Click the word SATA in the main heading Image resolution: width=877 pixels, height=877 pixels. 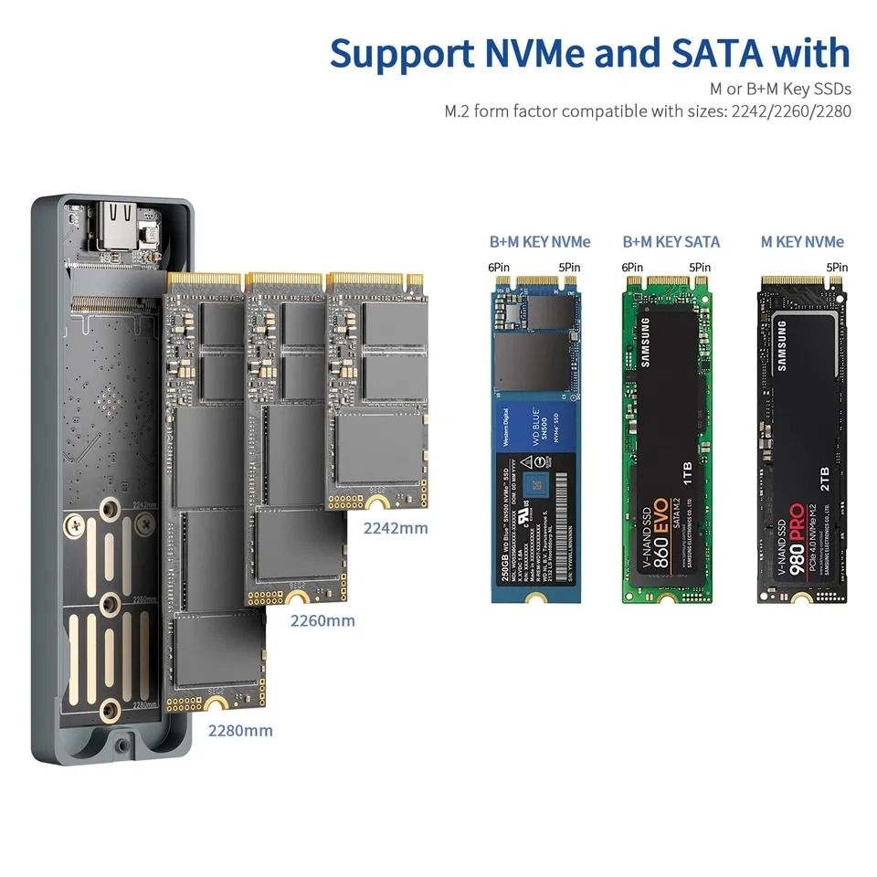tap(710, 53)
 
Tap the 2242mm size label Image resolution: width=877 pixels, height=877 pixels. tap(396, 527)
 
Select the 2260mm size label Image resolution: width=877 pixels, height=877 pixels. tap(322, 621)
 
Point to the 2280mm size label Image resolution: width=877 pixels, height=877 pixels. tap(240, 730)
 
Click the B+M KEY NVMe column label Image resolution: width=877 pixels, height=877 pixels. tap(540, 242)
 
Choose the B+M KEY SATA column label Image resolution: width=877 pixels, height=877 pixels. tap(671, 242)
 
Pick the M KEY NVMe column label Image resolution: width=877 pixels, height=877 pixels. tap(803, 242)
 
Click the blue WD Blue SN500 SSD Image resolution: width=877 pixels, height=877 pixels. tap(535, 439)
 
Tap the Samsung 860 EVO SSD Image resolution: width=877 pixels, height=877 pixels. tap(667, 439)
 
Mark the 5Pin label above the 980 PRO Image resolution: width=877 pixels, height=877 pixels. tap(837, 267)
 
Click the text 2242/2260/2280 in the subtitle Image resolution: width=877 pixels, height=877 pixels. tap(787, 111)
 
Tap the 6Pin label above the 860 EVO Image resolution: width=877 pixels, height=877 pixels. tap(632, 267)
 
